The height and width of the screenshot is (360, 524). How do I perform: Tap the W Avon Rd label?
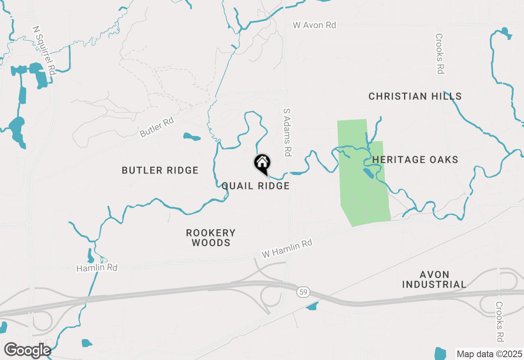point(314,25)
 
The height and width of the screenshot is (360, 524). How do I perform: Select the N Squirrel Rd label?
point(44,51)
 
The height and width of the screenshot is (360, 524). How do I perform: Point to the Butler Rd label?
point(157,127)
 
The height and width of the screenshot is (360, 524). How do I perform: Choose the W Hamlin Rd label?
point(287,249)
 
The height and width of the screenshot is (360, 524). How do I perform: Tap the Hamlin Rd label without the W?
point(97,268)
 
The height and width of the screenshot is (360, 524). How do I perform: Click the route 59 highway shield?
point(303,292)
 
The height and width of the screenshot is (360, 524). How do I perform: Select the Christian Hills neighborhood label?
point(415,97)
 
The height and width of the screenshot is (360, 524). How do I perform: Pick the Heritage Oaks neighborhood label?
point(415,160)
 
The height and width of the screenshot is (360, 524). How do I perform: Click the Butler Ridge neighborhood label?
point(160,170)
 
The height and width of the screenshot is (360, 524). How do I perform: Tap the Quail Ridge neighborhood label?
point(255,186)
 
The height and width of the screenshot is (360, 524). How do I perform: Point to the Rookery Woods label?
point(211,238)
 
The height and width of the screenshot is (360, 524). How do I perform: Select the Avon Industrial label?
point(434,279)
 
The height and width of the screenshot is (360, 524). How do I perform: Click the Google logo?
point(27,350)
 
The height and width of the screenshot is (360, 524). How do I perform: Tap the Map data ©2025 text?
point(489,354)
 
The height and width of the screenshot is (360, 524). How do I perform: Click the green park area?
point(360,196)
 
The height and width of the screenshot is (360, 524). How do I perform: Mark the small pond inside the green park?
point(368,173)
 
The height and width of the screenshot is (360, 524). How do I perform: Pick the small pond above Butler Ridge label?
point(192,137)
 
